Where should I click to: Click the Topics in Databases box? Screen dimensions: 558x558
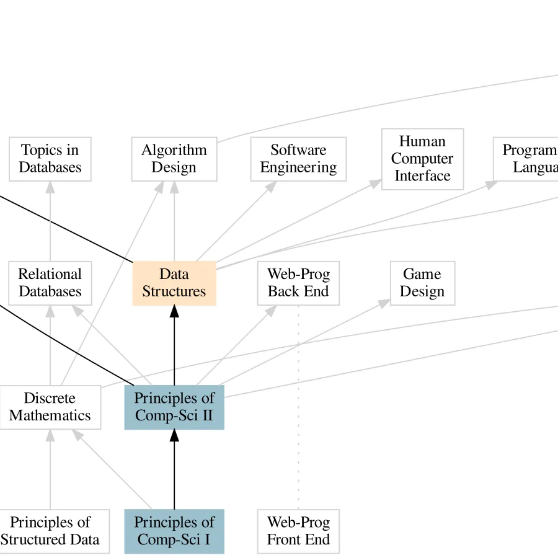tap(50, 159)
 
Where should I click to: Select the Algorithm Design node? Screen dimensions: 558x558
tap(174, 159)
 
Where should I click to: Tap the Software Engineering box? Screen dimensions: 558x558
tap(298, 159)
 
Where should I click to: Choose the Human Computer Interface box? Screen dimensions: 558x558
tap(422, 159)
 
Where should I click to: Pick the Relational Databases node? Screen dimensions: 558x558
tap(50, 283)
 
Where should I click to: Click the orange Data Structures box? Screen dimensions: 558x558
tap(174, 283)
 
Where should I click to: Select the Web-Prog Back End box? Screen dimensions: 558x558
tap(298, 283)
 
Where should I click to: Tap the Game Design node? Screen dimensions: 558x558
tap(422, 283)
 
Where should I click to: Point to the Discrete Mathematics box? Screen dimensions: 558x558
tap(50, 407)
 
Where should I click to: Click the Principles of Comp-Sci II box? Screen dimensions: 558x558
tap(174, 407)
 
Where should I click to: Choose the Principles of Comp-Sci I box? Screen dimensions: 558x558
tap(174, 531)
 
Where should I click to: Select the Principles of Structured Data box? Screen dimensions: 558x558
tap(50, 531)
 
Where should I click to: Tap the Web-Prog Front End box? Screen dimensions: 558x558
tap(298, 531)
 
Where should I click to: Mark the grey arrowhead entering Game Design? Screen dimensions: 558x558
tap(384, 302)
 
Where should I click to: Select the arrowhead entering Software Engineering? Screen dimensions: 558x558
tap(272, 186)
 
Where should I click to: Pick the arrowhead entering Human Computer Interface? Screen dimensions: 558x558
tap(376, 183)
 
